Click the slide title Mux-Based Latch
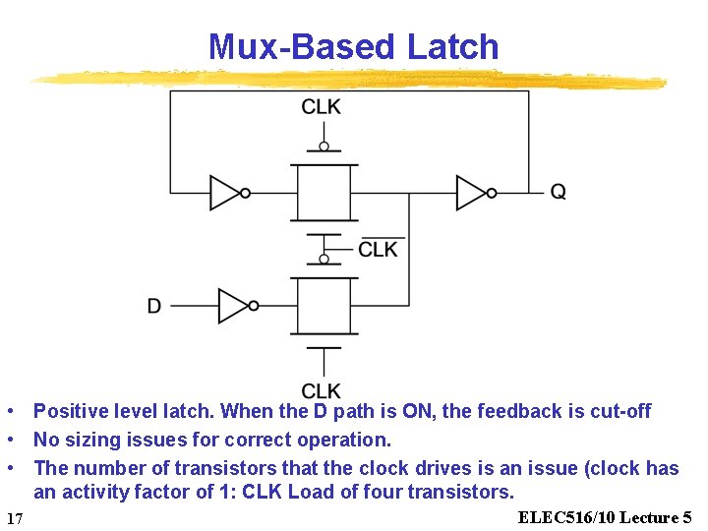(x=353, y=46)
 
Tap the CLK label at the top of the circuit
(x=322, y=107)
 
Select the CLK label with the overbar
(x=379, y=250)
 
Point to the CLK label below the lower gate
(x=322, y=390)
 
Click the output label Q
(x=558, y=193)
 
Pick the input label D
(x=154, y=307)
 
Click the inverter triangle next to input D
(x=233, y=306)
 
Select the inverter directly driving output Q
(x=472, y=193)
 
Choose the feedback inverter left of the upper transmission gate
(x=226, y=193)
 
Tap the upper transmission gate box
(x=324, y=193)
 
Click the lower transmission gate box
(x=324, y=306)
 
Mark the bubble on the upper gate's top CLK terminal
(x=324, y=147)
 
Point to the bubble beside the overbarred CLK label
(x=324, y=260)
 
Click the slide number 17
(x=14, y=518)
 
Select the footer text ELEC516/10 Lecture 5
(x=605, y=517)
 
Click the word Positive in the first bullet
(x=70, y=411)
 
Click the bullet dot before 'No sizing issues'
(x=9, y=440)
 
